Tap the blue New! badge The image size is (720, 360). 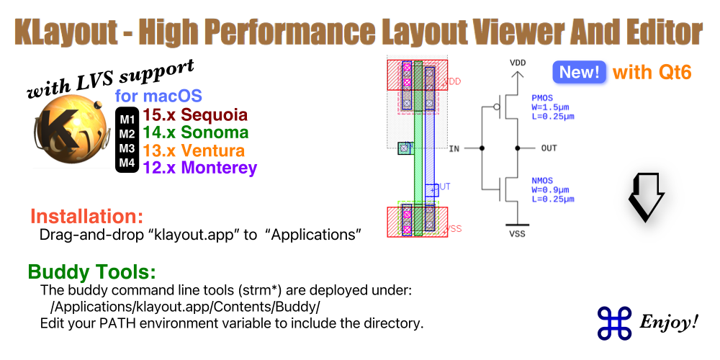pyautogui.click(x=579, y=72)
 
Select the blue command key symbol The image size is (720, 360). pyautogui.click(x=613, y=322)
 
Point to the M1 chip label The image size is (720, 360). pyautogui.click(x=127, y=117)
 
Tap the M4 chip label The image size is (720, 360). pyautogui.click(x=127, y=163)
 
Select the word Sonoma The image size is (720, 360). pyautogui.click(x=215, y=132)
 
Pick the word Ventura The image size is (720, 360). pyautogui.click(x=212, y=150)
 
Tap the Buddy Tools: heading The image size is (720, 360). pyautogui.click(x=92, y=272)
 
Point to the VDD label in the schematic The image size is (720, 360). pyautogui.click(x=518, y=63)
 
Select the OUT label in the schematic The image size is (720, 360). pyautogui.click(x=549, y=148)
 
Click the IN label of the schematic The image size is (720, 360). pyautogui.click(x=454, y=148)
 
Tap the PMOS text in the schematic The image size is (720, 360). pyautogui.click(x=542, y=97)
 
